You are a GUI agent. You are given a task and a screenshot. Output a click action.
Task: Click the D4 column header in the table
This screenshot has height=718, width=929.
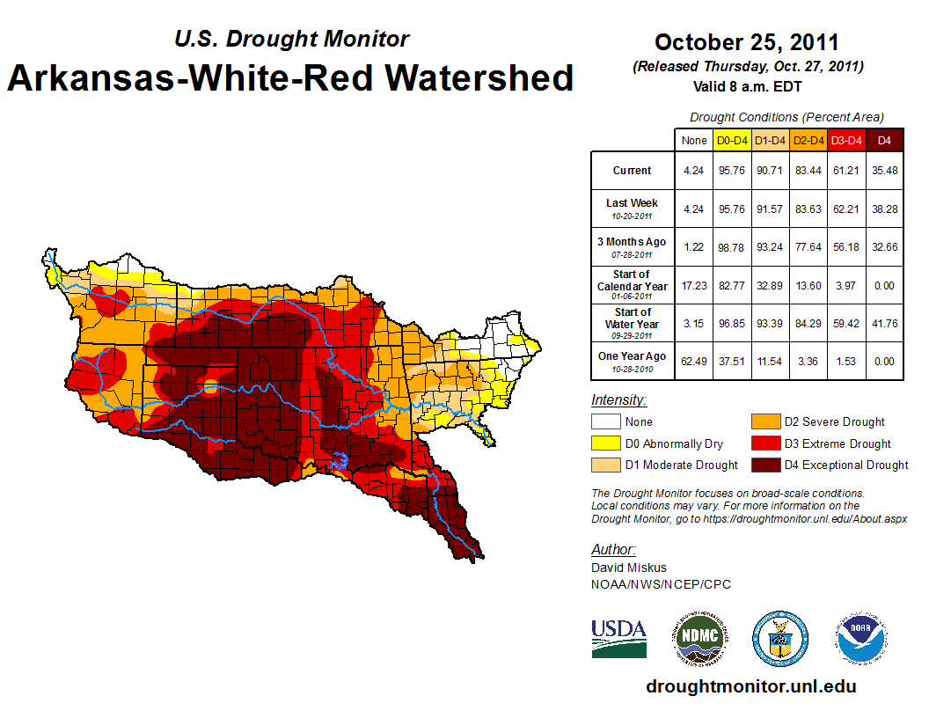(884, 140)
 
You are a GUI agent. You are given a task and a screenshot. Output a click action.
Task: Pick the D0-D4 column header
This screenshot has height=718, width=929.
(732, 140)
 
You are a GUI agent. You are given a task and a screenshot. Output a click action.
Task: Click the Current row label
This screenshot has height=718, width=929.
(633, 171)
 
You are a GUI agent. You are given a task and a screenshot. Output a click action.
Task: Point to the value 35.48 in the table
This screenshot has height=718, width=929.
(884, 171)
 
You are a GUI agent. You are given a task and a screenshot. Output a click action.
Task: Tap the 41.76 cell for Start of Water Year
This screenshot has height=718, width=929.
(884, 322)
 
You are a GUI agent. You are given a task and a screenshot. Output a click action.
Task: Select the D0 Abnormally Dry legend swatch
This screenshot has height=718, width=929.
(604, 443)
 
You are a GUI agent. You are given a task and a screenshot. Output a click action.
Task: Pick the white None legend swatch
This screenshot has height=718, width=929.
(604, 422)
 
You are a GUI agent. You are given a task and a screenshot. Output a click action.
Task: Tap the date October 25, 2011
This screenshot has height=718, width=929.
(746, 42)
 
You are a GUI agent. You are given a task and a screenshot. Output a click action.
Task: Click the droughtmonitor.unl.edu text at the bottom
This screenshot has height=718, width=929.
(750, 686)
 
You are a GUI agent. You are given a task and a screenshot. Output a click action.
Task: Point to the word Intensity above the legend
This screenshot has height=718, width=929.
(618, 400)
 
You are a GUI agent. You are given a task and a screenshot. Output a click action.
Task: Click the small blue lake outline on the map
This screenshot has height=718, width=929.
(342, 460)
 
